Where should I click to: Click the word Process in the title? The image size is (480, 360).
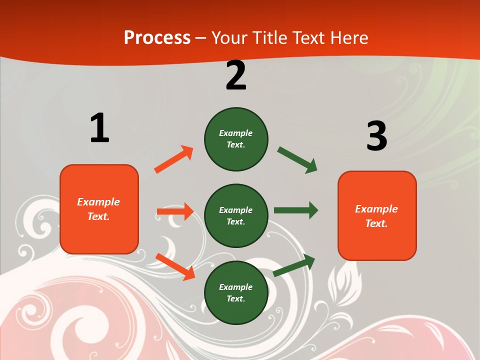(157, 38)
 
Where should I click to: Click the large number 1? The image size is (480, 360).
(99, 128)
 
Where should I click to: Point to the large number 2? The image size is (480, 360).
(236, 75)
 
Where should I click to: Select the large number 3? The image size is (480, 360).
(376, 136)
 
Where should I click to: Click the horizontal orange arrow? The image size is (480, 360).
(175, 211)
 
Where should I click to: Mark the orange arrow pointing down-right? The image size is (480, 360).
(175, 266)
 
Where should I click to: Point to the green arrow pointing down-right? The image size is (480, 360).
(297, 160)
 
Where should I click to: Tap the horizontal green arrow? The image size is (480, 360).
(295, 210)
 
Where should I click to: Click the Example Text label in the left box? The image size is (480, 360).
(98, 209)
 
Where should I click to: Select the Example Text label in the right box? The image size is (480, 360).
(376, 216)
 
